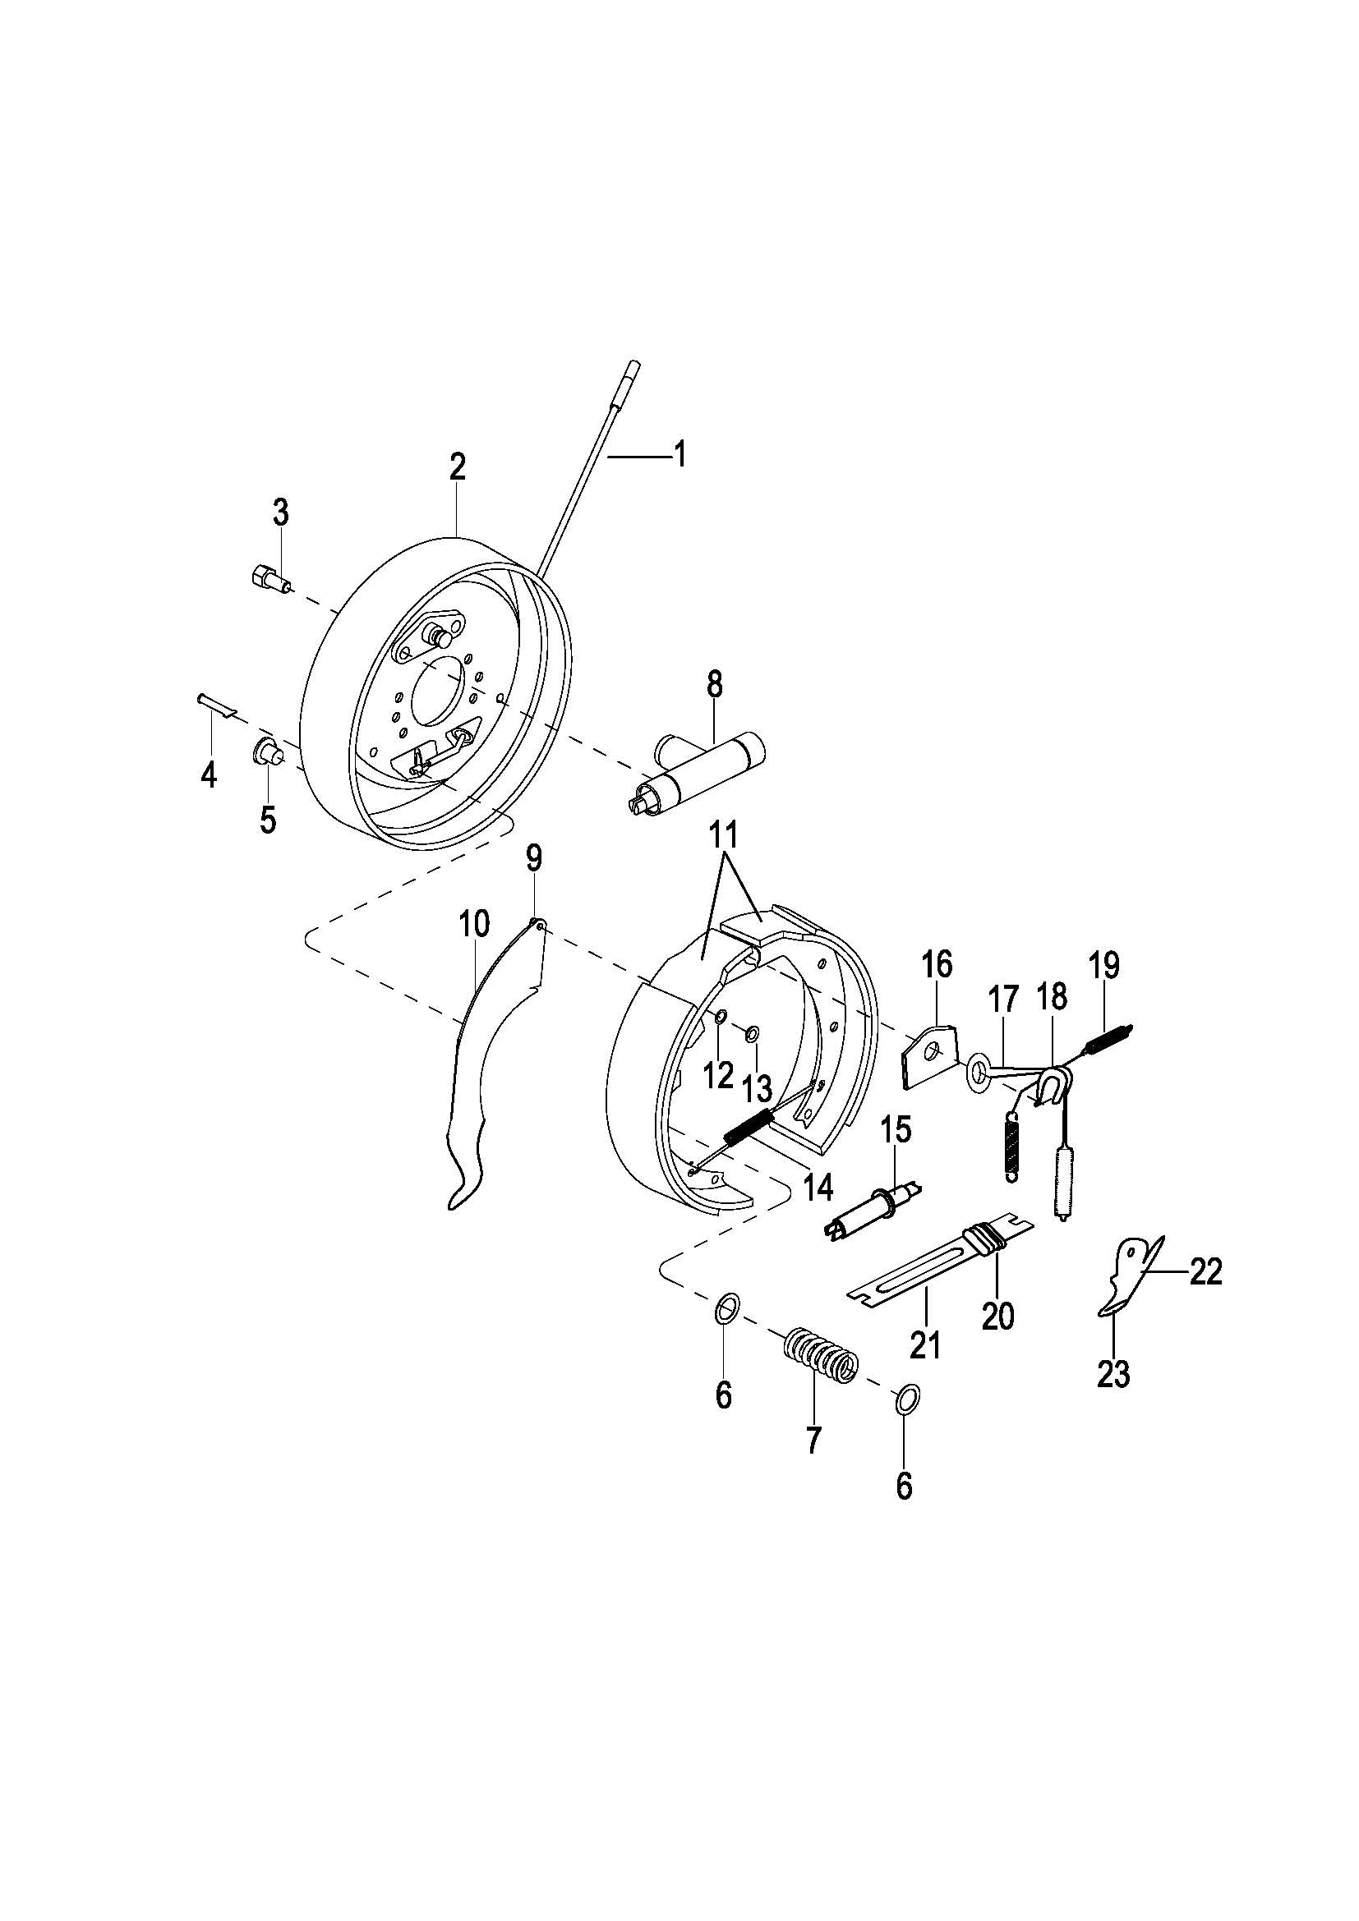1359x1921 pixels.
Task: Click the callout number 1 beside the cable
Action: (x=679, y=454)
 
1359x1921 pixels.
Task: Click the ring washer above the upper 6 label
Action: (x=727, y=1307)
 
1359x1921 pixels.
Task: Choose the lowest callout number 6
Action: (x=903, y=1487)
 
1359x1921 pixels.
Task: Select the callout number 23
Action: (x=1113, y=1375)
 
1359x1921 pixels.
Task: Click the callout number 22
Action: (x=1205, y=1272)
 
